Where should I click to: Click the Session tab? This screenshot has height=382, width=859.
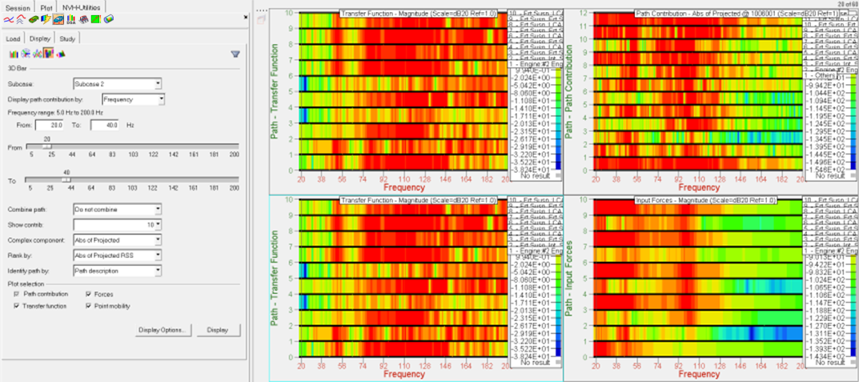tap(17, 6)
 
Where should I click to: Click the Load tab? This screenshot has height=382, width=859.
tap(13, 38)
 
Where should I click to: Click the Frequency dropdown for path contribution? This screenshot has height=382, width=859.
tap(134, 99)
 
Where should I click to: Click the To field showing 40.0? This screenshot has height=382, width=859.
tap(105, 125)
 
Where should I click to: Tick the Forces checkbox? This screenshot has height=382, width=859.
tap(88, 294)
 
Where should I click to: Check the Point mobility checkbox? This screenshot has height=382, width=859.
tap(88, 305)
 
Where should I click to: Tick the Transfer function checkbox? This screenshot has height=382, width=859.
tap(17, 305)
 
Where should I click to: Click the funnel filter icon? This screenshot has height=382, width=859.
tap(235, 54)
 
